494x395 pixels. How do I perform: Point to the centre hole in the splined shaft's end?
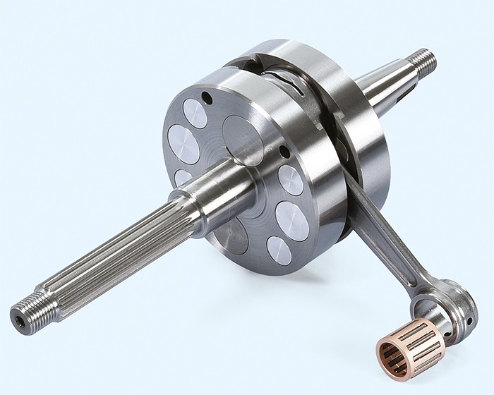pos(18,320)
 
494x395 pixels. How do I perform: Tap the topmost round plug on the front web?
pos(195,113)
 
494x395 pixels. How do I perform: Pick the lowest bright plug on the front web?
pos(279,250)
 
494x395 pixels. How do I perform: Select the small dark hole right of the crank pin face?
pos(284,152)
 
